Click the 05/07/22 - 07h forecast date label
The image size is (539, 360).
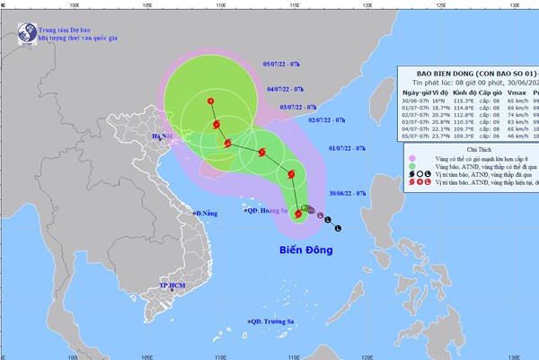284,64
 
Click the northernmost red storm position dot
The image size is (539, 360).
211,101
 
